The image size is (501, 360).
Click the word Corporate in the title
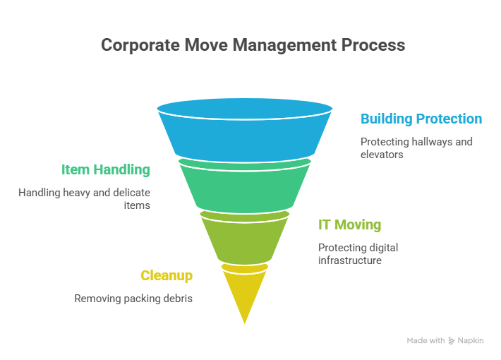(x=140, y=45)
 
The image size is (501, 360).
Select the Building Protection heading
(x=421, y=119)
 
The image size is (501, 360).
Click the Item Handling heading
(x=105, y=170)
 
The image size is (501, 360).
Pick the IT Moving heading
(x=349, y=224)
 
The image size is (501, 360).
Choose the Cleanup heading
(x=167, y=275)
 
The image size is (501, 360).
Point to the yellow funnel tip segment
(x=245, y=288)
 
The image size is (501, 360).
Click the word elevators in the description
(x=382, y=155)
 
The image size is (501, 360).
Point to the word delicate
(x=131, y=193)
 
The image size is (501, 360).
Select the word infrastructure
(x=350, y=260)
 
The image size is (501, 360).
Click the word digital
(x=383, y=248)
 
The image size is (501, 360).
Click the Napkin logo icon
(x=451, y=341)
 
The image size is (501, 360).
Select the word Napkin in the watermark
(x=471, y=341)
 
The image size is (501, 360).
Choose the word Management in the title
(x=284, y=45)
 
